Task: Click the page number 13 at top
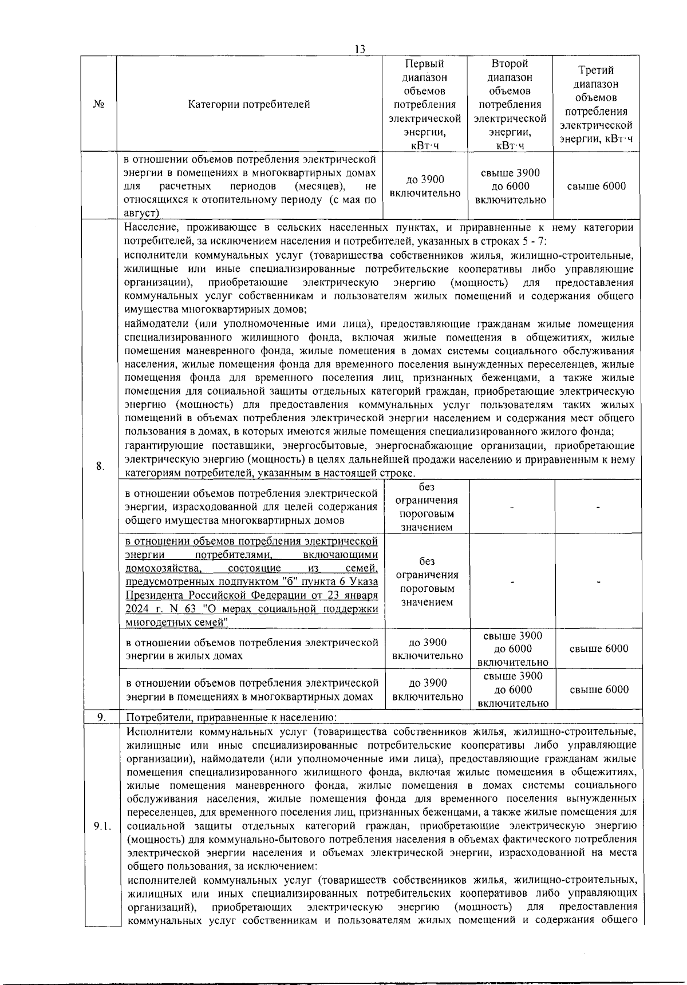point(360,49)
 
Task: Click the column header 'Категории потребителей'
point(249,104)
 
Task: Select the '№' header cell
point(98,104)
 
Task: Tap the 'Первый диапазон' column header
point(424,104)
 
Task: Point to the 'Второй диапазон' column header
point(510,104)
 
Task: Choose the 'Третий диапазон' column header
point(596,104)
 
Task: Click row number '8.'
point(100,466)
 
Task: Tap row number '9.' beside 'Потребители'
point(100,717)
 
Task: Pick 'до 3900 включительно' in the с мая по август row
point(425,186)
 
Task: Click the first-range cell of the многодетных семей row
point(427,581)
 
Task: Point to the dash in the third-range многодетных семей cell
point(598,581)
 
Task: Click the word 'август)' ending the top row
point(141,213)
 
